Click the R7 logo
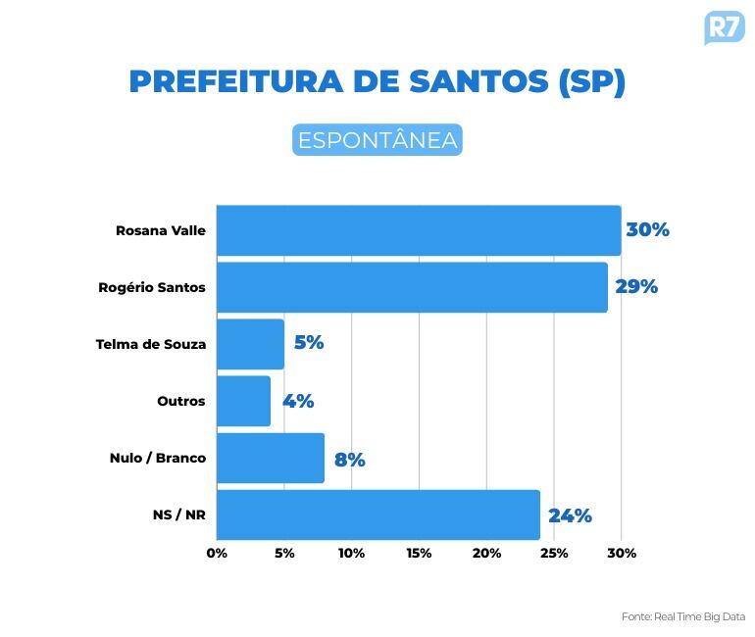point(724,26)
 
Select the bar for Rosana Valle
point(418,230)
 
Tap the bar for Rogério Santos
point(412,287)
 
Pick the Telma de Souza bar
point(250,344)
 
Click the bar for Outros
point(243,401)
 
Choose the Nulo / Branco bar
point(270,458)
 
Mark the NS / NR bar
point(377,514)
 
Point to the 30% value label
point(647,230)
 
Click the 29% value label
point(636,287)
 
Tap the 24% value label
point(570,515)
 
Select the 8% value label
point(349,459)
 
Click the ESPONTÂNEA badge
point(377,140)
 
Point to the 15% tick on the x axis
point(419,553)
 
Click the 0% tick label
point(217,553)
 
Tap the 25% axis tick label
point(554,553)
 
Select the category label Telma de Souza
point(151,344)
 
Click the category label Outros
point(181,401)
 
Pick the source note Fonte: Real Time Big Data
point(683,616)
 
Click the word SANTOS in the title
point(470,81)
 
